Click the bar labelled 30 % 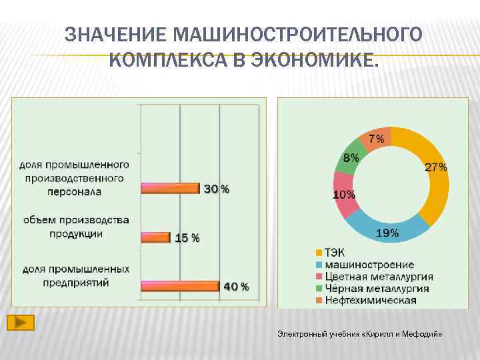click(x=170, y=189)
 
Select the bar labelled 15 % click(x=155, y=237)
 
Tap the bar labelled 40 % click(x=180, y=285)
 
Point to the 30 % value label click(x=216, y=189)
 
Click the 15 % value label click(x=187, y=237)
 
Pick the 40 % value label click(x=236, y=287)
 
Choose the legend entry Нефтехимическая click(x=369, y=300)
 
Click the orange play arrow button click(x=21, y=323)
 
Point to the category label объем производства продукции click(x=76, y=227)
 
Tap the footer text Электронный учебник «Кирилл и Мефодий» click(x=360, y=333)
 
